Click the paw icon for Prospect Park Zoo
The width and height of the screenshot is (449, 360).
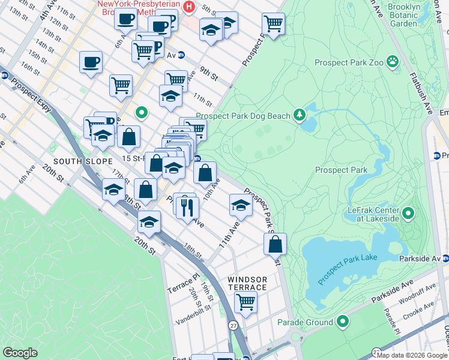click(x=393, y=61)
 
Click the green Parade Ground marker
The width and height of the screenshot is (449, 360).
click(x=343, y=322)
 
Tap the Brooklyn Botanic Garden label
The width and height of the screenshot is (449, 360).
click(x=411, y=15)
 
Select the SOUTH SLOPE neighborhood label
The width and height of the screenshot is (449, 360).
click(x=83, y=162)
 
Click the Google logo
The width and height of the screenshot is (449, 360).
click(x=20, y=353)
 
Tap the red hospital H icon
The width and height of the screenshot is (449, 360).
click(x=189, y=7)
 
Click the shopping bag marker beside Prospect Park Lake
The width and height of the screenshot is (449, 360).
click(x=275, y=244)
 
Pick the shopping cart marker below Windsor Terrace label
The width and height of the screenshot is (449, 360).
click(x=246, y=302)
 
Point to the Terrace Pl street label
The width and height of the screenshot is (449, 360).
click(x=182, y=283)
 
